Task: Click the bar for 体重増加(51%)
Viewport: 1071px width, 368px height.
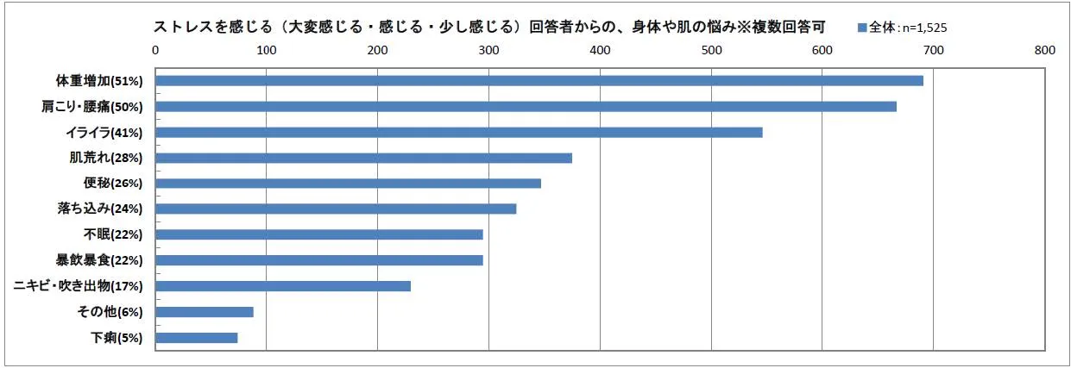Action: pos(539,81)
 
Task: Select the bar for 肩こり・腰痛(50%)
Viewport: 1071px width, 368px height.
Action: pos(526,107)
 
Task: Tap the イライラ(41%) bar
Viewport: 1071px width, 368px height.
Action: pos(459,133)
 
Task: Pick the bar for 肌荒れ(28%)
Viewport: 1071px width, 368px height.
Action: pos(364,158)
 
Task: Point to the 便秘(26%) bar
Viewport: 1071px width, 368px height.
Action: pos(349,184)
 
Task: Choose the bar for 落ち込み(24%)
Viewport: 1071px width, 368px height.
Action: pos(336,209)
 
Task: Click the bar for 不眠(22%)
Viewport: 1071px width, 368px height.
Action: pos(319,234)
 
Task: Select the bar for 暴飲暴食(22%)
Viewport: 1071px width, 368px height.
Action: pos(319,260)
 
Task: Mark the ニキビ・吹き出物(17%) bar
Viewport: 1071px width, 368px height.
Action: pos(283,286)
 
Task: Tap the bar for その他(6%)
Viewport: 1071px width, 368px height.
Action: pos(205,312)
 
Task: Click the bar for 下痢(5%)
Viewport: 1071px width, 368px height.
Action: pos(197,338)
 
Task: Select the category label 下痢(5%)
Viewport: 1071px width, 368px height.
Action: pos(117,338)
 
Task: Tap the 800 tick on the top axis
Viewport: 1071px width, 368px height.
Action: pos(1044,50)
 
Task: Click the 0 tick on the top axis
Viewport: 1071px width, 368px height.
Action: pos(155,50)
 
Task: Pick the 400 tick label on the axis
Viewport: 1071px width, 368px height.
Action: pos(600,50)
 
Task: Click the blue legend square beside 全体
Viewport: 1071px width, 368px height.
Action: pos(862,28)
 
